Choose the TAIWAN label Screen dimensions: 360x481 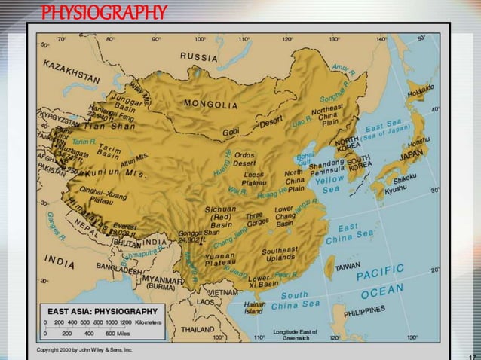tap(349, 266)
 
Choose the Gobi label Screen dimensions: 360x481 tap(231, 132)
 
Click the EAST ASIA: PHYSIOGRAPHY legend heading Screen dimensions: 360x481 tap(103, 310)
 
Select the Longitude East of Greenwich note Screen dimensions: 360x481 tap(296, 334)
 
